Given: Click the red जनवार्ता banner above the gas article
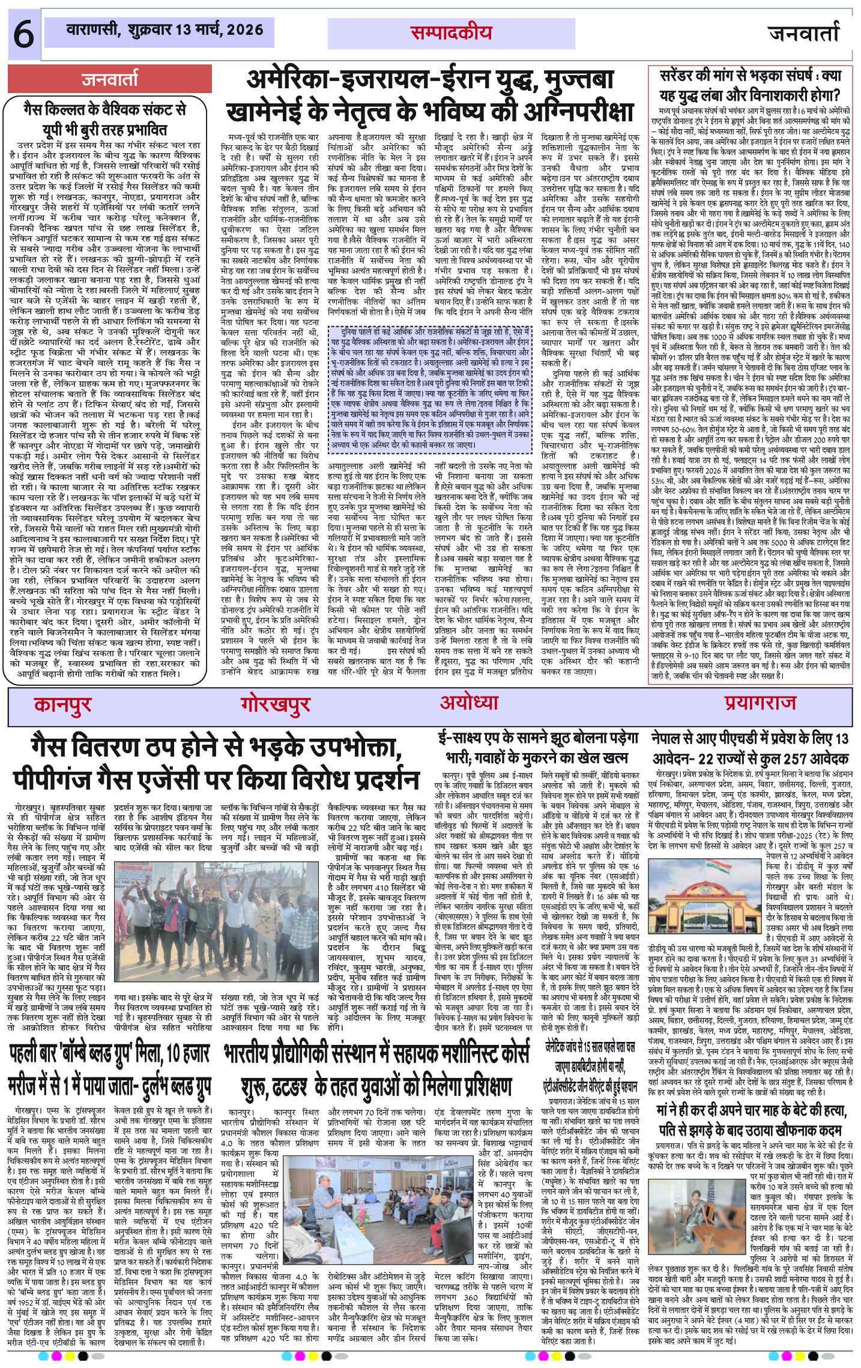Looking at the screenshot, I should point(110,79).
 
